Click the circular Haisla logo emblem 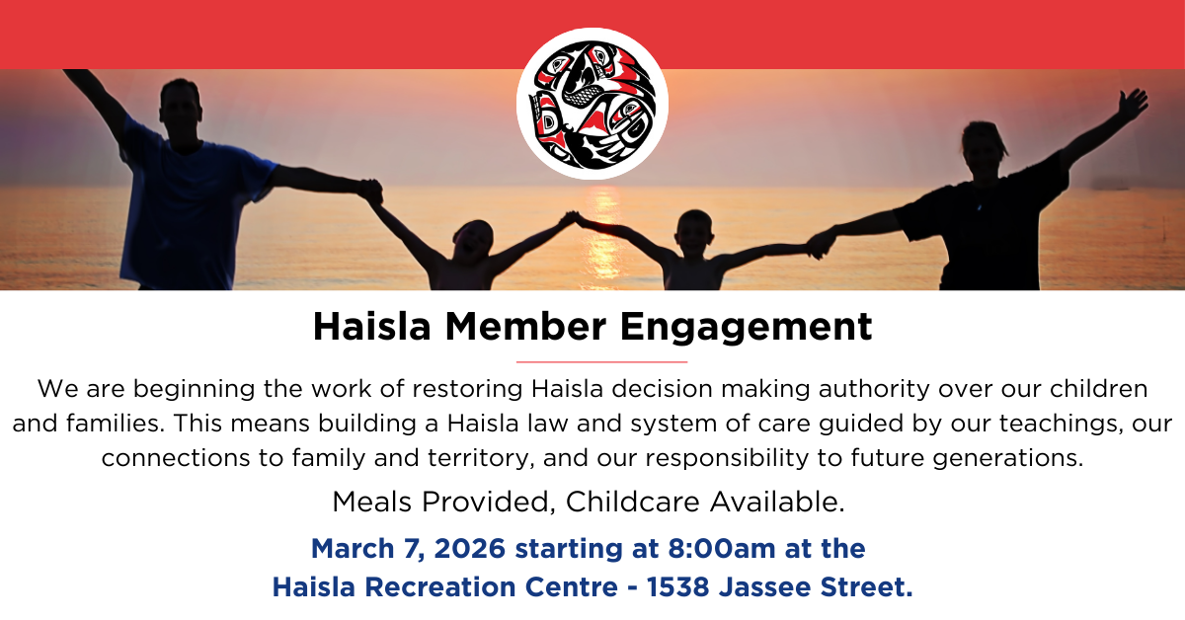tap(592, 104)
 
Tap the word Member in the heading tap(525, 327)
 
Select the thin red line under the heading tap(601, 362)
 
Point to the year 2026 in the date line tap(469, 548)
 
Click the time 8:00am tap(722, 548)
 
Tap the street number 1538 tap(677, 586)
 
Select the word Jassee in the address tap(764, 586)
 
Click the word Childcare tap(633, 502)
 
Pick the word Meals tap(372, 502)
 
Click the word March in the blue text tap(353, 548)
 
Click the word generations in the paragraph tap(1008, 458)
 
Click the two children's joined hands tap(572, 218)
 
